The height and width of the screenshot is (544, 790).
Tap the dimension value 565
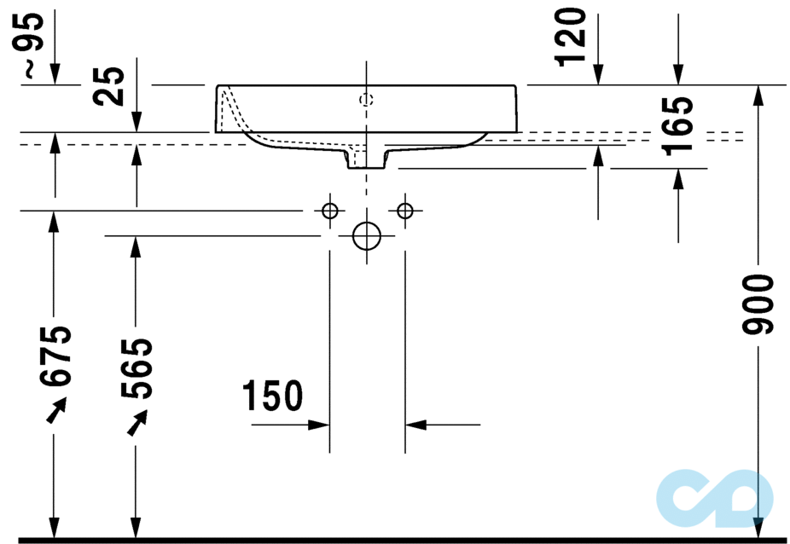click(x=137, y=368)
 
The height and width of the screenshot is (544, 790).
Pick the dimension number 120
click(x=572, y=37)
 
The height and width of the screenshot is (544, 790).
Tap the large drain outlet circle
click(x=366, y=236)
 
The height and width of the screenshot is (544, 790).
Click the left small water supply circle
click(x=330, y=211)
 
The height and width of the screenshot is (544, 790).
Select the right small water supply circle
click(x=404, y=211)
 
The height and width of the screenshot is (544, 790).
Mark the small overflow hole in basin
click(x=366, y=100)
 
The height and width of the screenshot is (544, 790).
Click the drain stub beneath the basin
click(x=366, y=159)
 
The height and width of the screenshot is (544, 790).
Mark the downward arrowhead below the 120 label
click(x=597, y=75)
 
